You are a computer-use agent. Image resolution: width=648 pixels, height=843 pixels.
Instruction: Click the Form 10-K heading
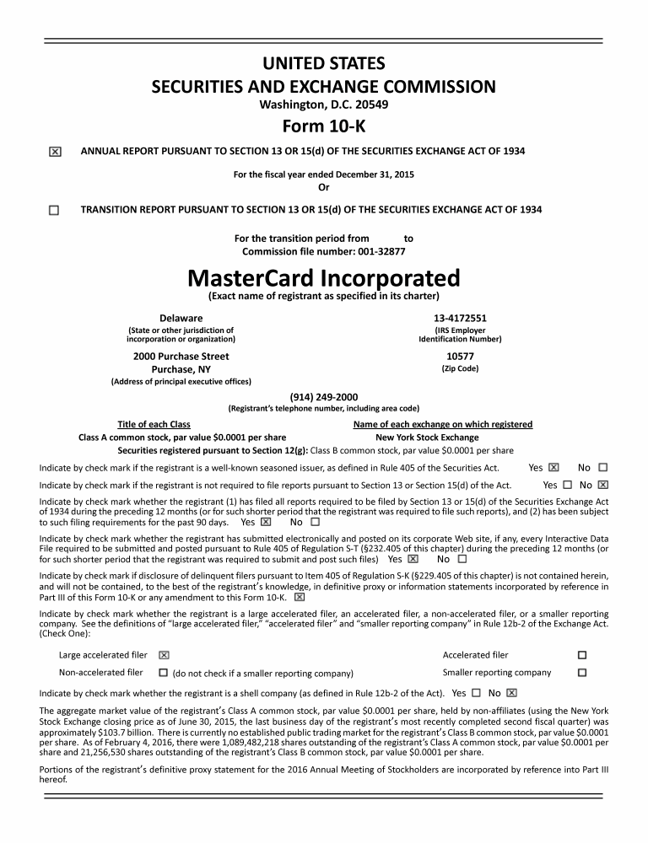click(323, 126)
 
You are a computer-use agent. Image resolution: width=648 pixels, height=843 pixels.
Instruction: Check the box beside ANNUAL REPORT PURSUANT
click(55, 152)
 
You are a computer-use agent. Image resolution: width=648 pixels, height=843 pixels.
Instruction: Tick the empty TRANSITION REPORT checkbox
click(55, 210)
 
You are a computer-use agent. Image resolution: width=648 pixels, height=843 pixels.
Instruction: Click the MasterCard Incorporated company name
click(323, 277)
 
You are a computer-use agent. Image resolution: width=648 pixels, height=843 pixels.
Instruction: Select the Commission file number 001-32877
click(323, 251)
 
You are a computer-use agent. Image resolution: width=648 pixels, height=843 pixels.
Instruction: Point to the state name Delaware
click(181, 318)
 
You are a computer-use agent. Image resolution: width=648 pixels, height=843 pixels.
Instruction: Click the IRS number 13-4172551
click(460, 318)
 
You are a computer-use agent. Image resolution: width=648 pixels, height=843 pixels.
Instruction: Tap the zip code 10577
click(460, 356)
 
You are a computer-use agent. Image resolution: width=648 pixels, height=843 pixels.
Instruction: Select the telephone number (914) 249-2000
click(323, 397)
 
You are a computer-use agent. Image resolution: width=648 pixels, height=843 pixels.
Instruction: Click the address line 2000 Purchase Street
click(181, 356)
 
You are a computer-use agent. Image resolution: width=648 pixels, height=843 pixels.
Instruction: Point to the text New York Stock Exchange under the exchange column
click(427, 438)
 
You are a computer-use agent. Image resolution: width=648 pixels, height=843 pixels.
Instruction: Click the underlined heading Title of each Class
click(154, 424)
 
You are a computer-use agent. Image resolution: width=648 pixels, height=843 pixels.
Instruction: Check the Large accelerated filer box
click(164, 655)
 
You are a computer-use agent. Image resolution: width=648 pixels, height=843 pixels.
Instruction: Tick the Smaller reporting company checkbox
click(581, 673)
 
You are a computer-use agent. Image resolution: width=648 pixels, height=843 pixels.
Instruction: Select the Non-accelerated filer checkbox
click(164, 673)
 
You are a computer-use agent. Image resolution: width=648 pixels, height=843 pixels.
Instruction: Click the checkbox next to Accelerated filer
click(581, 655)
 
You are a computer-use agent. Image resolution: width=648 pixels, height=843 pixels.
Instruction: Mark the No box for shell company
click(510, 693)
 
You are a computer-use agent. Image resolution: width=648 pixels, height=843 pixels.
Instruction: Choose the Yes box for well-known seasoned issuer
click(553, 467)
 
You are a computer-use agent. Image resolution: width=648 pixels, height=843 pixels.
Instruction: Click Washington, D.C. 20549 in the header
click(323, 105)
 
